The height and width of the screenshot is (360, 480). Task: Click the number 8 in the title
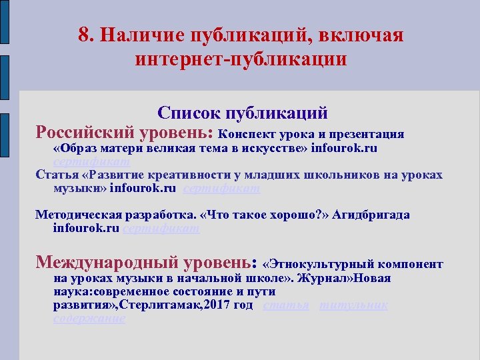83,35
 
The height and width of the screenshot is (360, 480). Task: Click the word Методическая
75,215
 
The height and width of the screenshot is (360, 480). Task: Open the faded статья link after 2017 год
286,305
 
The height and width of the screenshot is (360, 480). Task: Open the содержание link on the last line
89,319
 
